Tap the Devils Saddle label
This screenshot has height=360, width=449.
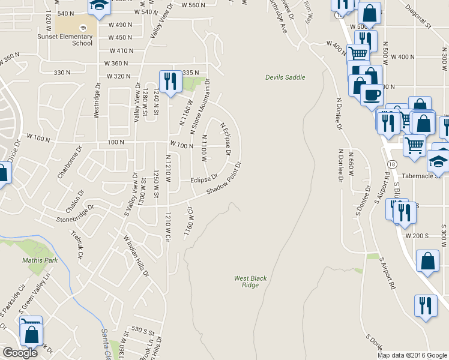click(285, 77)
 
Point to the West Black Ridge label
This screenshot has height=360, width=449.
click(246, 281)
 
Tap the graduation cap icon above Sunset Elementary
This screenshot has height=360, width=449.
click(97, 7)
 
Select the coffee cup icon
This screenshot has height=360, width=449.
click(371, 95)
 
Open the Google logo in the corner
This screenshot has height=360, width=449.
click(20, 353)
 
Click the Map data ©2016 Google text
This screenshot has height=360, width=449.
click(412, 355)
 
